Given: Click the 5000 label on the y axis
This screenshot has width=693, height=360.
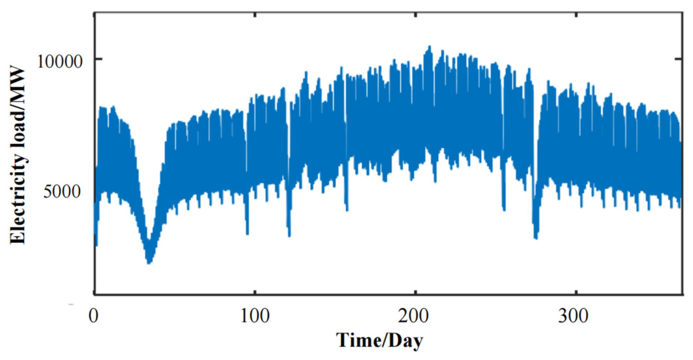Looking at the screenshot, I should [62, 191].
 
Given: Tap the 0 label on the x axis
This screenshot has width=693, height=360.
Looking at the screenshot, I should [94, 316].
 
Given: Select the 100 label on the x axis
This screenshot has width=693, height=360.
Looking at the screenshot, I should [255, 316].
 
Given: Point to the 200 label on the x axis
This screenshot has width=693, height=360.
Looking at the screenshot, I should [413, 316].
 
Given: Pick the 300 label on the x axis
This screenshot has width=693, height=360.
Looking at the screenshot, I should [573, 316].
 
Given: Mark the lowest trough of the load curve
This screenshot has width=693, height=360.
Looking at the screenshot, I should [149, 262].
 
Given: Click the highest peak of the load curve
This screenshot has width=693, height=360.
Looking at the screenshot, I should [429, 47].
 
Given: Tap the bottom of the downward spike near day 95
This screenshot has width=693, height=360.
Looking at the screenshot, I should [248, 233].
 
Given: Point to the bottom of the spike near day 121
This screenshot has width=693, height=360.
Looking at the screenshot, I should [289, 235].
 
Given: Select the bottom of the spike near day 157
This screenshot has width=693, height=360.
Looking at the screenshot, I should [347, 210].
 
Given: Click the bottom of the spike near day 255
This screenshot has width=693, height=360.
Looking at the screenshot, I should [504, 210].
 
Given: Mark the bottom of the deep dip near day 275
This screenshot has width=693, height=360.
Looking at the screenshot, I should [536, 238].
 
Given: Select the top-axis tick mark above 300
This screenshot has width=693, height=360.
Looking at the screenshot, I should [577, 15].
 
